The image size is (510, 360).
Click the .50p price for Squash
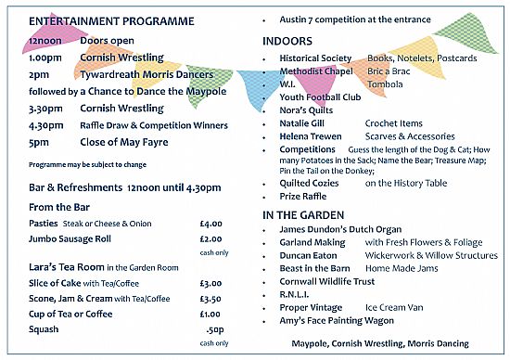click(x=214, y=328)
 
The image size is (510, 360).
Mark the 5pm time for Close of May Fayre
click(x=38, y=142)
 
